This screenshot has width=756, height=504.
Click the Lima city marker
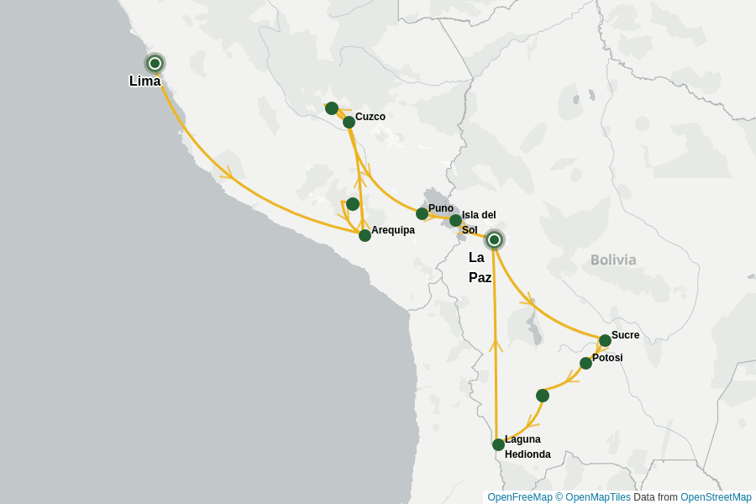[x=155, y=63]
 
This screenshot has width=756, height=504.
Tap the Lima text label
[x=144, y=81]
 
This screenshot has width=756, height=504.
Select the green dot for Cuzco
[x=349, y=123]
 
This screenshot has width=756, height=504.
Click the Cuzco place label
[x=370, y=117]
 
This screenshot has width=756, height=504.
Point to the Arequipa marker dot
[x=365, y=235]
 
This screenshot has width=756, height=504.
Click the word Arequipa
[x=393, y=230]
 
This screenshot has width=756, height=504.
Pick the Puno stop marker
[x=423, y=214]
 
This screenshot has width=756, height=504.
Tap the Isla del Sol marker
[x=455, y=221]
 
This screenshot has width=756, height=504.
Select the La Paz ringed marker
[x=495, y=240]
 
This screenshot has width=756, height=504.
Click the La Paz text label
[x=480, y=267]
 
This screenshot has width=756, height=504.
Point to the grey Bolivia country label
[x=613, y=260]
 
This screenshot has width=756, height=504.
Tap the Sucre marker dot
[x=605, y=340]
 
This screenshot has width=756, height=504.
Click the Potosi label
[x=607, y=358]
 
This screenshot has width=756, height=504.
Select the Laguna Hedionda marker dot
[x=498, y=444]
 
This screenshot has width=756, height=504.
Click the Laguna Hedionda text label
[x=527, y=447]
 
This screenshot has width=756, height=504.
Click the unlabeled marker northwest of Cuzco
[x=332, y=108]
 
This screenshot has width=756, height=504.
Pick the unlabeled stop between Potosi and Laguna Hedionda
[x=543, y=396]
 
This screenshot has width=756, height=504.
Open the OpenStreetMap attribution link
[x=716, y=497]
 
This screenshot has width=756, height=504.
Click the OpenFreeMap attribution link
[x=519, y=497]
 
